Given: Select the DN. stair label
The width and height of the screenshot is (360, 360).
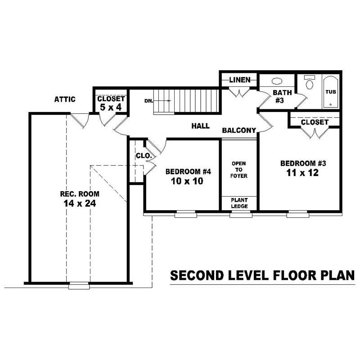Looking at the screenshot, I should (148, 101).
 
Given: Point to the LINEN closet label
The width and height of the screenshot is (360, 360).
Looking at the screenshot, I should (239, 80).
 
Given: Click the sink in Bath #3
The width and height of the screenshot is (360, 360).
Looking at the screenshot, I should (277, 82).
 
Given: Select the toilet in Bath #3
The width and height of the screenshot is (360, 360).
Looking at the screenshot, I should (309, 84).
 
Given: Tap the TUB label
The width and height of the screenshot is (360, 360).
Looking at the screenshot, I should (330, 92).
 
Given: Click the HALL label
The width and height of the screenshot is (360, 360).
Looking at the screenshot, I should (200, 126).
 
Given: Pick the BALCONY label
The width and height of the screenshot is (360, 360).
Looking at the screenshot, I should (239, 130).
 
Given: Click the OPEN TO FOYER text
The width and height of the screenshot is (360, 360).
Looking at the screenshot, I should (239, 169).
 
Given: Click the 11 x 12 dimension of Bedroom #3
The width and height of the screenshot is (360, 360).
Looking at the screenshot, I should (299, 173).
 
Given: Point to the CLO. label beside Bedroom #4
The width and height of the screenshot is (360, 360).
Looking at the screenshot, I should (144, 156).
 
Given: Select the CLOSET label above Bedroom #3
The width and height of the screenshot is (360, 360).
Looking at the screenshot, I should (315, 122).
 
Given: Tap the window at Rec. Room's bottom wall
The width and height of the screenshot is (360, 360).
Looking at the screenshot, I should (79, 285).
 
